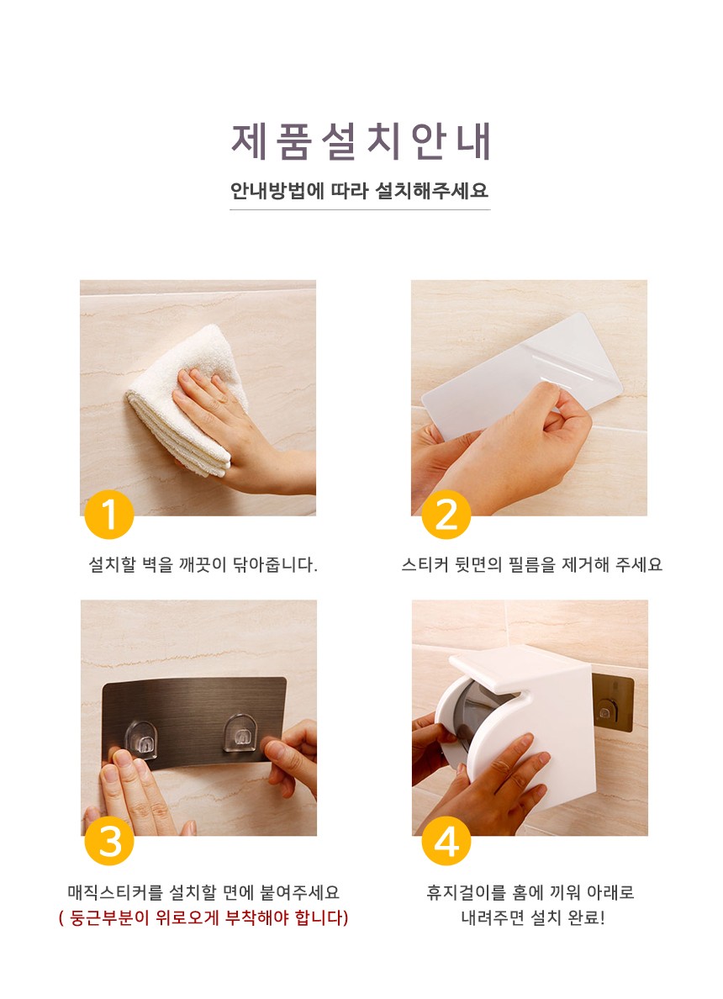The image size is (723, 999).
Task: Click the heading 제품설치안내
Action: tap(361, 140)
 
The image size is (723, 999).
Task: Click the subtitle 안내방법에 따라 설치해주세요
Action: tap(359, 191)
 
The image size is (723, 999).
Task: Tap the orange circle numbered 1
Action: tap(109, 515)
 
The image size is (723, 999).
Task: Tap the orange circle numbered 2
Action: tap(446, 515)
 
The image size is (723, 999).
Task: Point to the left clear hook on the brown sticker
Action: tap(141, 740)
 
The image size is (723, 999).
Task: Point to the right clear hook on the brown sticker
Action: tap(240, 733)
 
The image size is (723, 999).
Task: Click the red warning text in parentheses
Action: tap(203, 918)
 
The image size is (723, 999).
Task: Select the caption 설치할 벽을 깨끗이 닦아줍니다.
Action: tap(203, 564)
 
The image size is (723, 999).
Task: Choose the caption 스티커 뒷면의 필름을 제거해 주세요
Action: tap(532, 564)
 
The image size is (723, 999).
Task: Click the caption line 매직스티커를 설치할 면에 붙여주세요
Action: tap(203, 892)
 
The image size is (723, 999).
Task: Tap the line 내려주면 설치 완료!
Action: tap(532, 918)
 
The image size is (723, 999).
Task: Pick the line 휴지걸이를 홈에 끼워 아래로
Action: tap(530, 892)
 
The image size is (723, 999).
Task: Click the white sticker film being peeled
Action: tap(522, 375)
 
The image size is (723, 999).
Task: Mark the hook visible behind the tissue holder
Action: tap(604, 709)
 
